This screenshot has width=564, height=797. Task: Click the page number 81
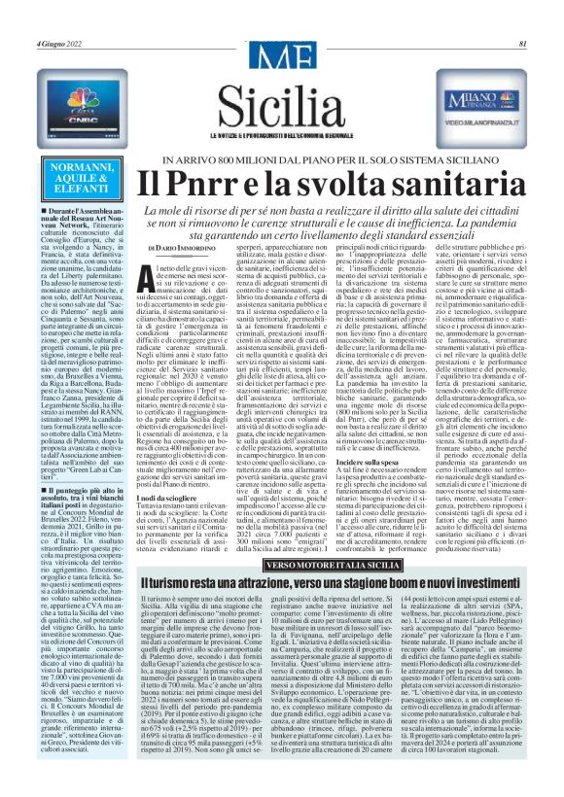[x=522, y=17]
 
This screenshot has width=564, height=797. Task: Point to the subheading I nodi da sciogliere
[x=177, y=468]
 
